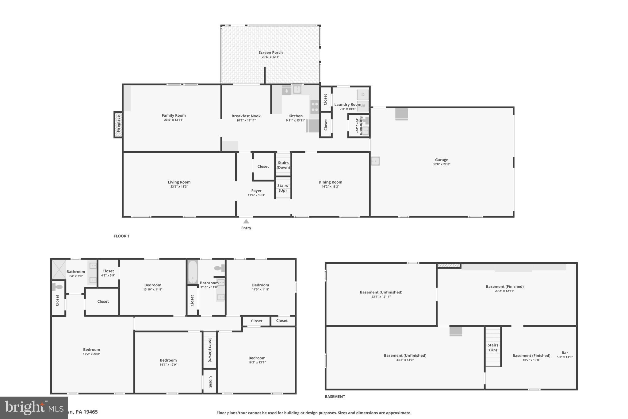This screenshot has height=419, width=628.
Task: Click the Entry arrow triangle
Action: tap(246, 221)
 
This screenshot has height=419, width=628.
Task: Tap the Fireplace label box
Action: tap(118, 124)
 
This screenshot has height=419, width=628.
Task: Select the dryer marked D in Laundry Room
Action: tap(363, 95)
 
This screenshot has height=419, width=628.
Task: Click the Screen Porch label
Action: tap(270, 52)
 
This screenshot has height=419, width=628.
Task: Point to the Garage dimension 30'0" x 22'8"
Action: tap(442, 164)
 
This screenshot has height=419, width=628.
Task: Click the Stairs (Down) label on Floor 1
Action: tap(283, 165)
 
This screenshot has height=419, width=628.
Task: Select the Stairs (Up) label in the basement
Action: tap(493, 347)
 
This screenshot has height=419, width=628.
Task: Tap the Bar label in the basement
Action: tap(565, 353)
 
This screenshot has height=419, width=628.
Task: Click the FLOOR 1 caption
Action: tap(121, 236)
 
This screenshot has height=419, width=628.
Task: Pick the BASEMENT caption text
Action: tap(335, 397)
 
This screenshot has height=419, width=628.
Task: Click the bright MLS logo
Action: tap(34, 408)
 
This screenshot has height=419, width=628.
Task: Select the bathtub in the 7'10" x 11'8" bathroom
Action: tap(193, 272)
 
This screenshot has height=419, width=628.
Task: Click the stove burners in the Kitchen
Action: tap(315, 107)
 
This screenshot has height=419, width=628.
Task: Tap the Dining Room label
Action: tap(330, 182)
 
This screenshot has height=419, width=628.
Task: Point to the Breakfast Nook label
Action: tap(246, 116)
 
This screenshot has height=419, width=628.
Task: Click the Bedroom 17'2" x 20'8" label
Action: tap(91, 350)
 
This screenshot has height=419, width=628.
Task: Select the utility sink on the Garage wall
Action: tap(375, 161)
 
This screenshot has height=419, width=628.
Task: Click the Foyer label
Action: tap(256, 191)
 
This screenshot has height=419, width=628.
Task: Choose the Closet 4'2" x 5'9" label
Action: tap(108, 271)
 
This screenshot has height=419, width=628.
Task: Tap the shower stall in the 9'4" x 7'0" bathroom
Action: tap(59, 270)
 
